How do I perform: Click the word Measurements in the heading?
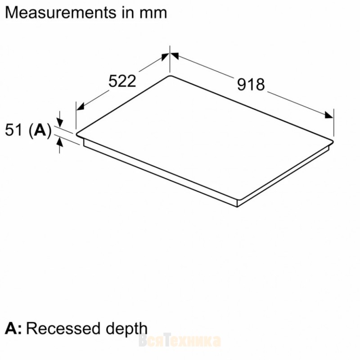(61, 13)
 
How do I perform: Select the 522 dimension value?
(122, 81)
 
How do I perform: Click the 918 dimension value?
(251, 84)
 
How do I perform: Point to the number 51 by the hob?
(14, 130)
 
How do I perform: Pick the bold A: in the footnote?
(13, 328)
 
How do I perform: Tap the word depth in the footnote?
(126, 329)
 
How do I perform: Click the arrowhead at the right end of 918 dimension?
(329, 115)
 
